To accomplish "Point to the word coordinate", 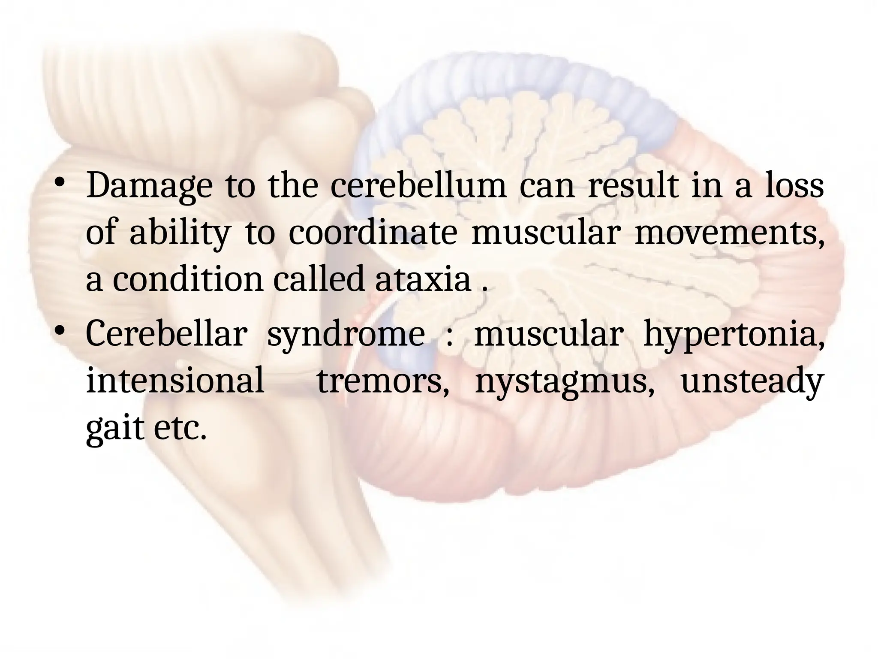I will (373, 233).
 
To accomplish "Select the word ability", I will (179, 233).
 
